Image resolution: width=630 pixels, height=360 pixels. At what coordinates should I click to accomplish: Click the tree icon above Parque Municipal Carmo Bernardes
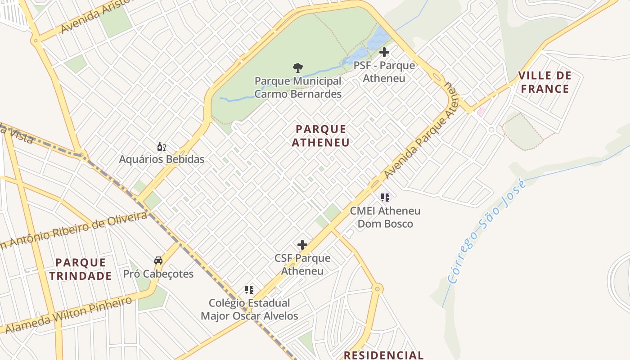click(x=297, y=68)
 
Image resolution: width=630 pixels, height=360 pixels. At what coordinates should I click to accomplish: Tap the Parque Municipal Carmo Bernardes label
click(x=298, y=88)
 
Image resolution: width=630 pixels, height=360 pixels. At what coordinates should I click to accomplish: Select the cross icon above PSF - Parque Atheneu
click(x=384, y=52)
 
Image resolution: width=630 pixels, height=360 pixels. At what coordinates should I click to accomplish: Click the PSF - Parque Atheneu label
click(x=384, y=72)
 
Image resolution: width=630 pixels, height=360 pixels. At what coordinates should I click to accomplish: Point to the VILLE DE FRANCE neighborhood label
click(x=545, y=82)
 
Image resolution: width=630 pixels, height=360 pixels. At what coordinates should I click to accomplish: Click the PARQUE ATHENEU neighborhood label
click(x=321, y=136)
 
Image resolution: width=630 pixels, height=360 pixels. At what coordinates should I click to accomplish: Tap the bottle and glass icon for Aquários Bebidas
click(x=162, y=146)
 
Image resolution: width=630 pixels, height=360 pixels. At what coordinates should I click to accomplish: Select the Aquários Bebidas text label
click(x=162, y=159)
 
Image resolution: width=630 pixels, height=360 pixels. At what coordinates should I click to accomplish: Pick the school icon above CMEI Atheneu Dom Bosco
click(x=385, y=197)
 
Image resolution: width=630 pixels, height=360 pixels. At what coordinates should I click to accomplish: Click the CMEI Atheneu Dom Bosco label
click(x=385, y=217)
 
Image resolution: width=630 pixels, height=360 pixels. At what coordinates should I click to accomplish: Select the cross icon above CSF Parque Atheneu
click(x=302, y=245)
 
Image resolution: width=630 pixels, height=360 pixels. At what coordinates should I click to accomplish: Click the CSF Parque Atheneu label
click(x=302, y=265)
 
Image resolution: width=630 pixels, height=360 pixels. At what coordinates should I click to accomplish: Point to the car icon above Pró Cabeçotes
click(x=158, y=261)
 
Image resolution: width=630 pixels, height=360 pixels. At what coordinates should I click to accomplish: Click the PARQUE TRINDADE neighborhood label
click(x=81, y=269)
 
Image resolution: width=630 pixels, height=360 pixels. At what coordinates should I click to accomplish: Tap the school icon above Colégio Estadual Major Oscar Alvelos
click(x=249, y=289)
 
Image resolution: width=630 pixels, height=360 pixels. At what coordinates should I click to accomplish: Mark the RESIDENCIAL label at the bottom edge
click(x=384, y=355)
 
